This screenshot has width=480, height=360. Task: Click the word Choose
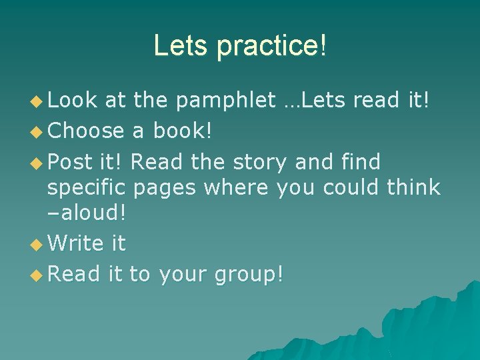tap(87, 130)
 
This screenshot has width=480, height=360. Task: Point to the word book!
tap(183, 130)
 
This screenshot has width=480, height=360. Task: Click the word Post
tap(72, 161)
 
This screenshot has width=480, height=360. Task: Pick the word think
tap(413, 187)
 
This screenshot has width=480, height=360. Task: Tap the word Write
tap(77, 243)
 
